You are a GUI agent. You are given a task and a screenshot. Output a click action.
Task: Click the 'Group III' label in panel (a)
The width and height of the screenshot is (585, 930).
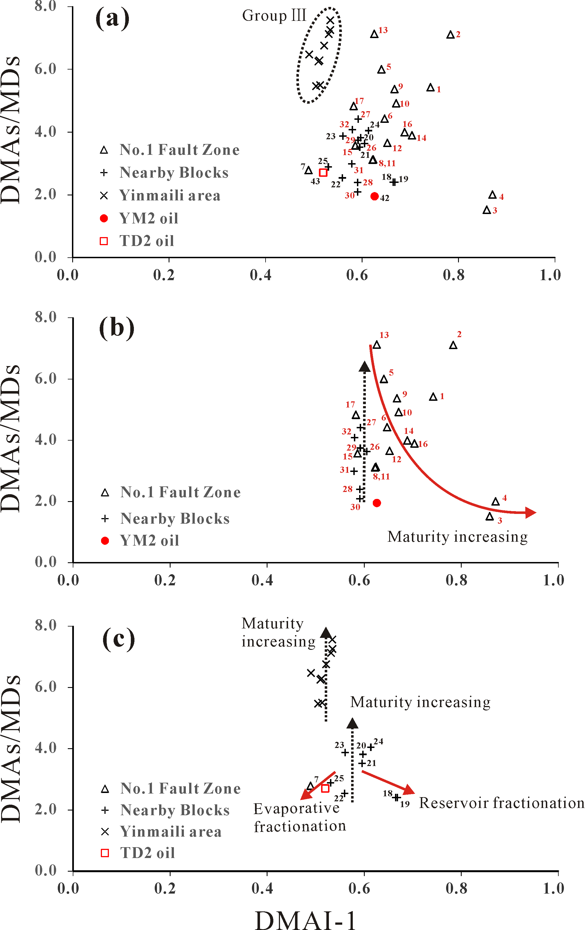pyautogui.click(x=274, y=16)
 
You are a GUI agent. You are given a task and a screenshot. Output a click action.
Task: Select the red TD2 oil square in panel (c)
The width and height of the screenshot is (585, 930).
pyautogui.click(x=325, y=788)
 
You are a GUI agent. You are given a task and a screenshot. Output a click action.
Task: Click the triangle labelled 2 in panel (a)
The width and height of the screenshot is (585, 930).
pyautogui.click(x=450, y=35)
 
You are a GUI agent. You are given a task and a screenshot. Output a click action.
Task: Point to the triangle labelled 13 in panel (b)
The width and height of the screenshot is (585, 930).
pyautogui.click(x=377, y=345)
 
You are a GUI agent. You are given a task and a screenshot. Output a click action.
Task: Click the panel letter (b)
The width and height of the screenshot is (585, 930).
pyautogui.click(x=117, y=328)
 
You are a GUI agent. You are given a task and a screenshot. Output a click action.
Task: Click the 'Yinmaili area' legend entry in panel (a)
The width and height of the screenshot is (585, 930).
pyautogui.click(x=170, y=196)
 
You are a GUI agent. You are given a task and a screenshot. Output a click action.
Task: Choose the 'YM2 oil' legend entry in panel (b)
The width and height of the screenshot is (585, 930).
pyautogui.click(x=149, y=541)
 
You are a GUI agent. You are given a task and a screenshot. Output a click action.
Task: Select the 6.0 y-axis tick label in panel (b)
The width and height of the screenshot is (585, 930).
pyautogui.click(x=46, y=379)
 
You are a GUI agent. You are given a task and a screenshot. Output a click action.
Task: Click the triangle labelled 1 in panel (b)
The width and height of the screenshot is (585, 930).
pyautogui.click(x=433, y=397)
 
